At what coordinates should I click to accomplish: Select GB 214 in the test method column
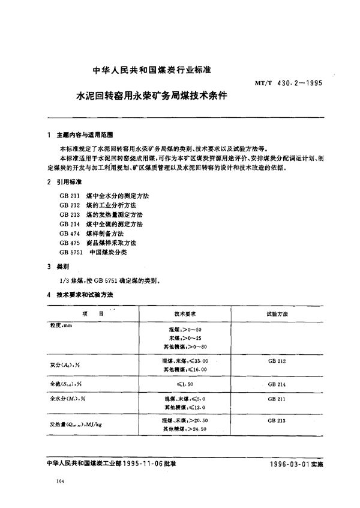tap(277, 383)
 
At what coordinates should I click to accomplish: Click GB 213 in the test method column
tap(277, 421)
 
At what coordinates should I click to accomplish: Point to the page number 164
tap(59, 482)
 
